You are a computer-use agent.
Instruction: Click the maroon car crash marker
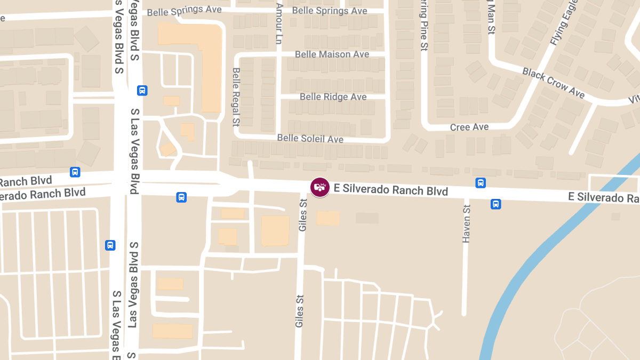(x=319, y=187)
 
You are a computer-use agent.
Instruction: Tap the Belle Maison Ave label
(x=332, y=54)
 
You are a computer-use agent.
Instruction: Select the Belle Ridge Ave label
(x=333, y=97)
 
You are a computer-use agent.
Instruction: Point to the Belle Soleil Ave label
(x=310, y=139)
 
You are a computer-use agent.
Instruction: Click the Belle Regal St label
(x=236, y=97)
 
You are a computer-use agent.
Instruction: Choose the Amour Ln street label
(x=278, y=24)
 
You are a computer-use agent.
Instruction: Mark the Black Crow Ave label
(x=553, y=82)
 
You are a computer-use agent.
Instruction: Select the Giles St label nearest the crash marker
(x=303, y=215)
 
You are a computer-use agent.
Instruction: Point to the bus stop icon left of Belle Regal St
(x=142, y=90)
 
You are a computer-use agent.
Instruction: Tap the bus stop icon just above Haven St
(x=481, y=183)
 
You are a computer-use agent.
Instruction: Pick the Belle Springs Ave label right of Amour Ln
(x=330, y=11)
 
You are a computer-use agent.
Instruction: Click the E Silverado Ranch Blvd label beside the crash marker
(x=390, y=189)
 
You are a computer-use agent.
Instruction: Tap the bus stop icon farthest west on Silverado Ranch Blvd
(x=75, y=172)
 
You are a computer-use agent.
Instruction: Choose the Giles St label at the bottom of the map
(x=300, y=311)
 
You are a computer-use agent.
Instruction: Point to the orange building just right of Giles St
(x=328, y=218)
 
